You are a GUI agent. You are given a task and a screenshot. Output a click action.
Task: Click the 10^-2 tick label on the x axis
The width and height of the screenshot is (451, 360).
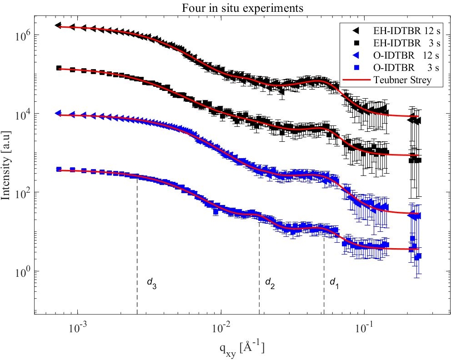click(221, 328)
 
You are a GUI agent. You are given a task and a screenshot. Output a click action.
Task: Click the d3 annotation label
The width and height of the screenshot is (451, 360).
click(151, 282)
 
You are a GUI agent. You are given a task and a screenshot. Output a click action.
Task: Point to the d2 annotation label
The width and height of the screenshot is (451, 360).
click(270, 282)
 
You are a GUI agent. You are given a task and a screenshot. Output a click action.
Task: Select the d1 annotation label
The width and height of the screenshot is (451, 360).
click(334, 282)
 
